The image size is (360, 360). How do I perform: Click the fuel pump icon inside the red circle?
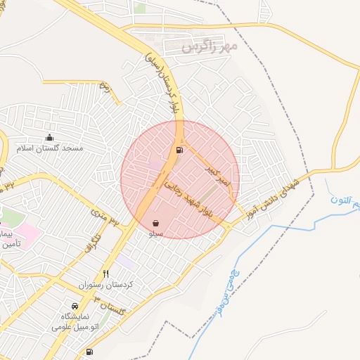click(x=179, y=150)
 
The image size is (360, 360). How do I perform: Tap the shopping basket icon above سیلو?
click(x=155, y=223)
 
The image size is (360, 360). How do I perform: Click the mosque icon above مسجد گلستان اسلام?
click(x=49, y=138)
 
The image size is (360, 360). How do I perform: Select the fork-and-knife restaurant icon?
click(x=106, y=274)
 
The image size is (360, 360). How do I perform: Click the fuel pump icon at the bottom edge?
click(x=89, y=352)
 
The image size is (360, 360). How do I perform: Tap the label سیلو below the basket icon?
click(x=155, y=233)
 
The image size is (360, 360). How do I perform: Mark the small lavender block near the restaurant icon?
click(x=125, y=260)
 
